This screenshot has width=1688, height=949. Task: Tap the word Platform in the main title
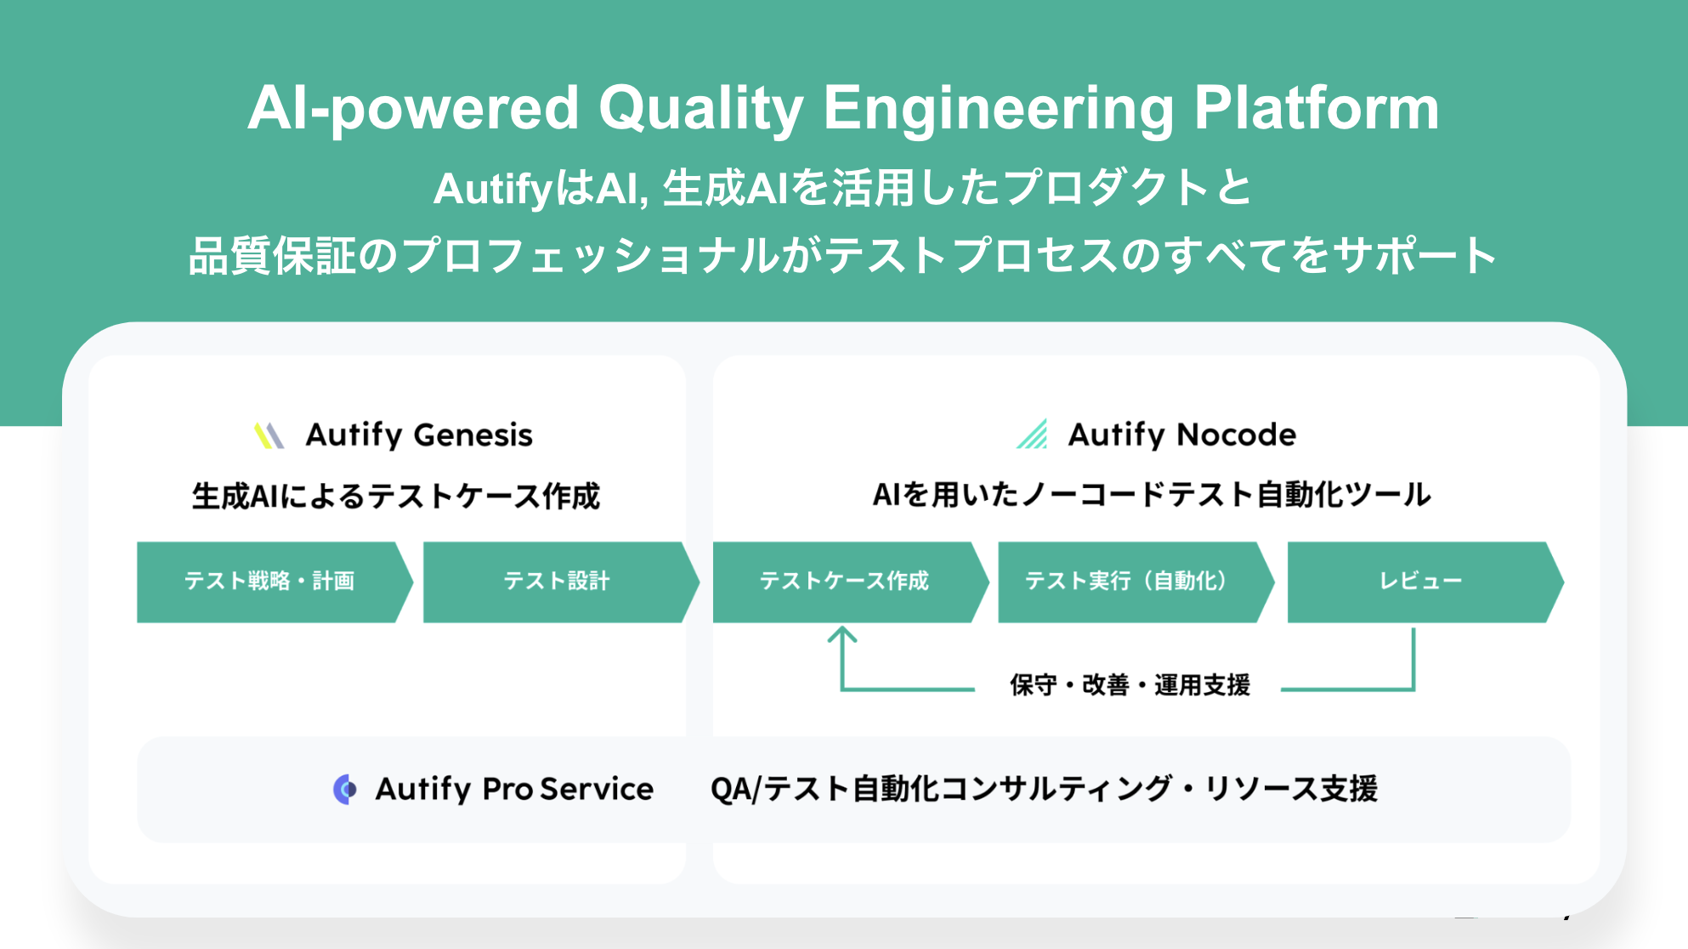1317,108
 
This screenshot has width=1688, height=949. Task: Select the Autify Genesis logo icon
269,435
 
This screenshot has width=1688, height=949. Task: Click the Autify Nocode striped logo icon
1032,434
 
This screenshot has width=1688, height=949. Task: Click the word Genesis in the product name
473,435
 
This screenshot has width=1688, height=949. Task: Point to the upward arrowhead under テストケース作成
841,634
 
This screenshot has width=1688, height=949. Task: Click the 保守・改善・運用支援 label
1130,685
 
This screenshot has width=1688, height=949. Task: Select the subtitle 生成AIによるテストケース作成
396,496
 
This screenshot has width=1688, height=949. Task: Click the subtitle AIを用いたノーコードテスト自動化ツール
1152,494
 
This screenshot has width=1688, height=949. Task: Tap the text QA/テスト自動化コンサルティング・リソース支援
1044,789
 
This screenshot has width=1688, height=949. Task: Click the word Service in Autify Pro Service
597,789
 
